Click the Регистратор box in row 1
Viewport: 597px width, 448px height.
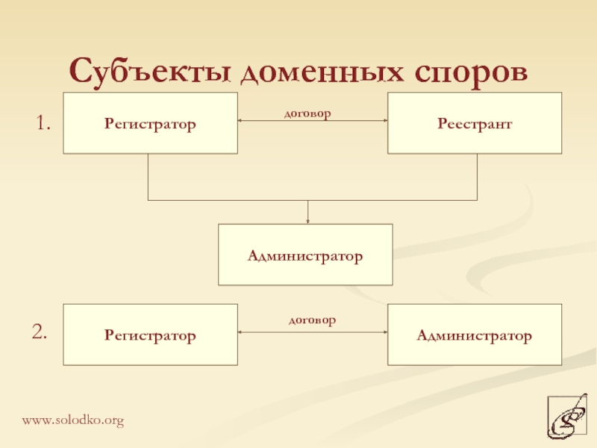(x=150, y=123)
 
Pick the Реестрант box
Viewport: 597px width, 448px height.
(x=475, y=123)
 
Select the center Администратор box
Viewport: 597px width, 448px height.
(x=305, y=255)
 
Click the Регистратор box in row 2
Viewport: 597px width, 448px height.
(x=150, y=335)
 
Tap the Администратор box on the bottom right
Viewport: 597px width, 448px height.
(x=475, y=335)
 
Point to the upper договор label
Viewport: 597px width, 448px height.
(x=306, y=113)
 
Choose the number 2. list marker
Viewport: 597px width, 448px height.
(x=40, y=332)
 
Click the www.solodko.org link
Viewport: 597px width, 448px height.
(x=73, y=422)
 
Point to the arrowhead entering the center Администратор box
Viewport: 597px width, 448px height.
(x=307, y=221)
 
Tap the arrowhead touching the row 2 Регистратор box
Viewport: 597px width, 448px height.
(x=240, y=333)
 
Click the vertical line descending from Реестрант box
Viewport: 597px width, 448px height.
(x=477, y=177)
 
